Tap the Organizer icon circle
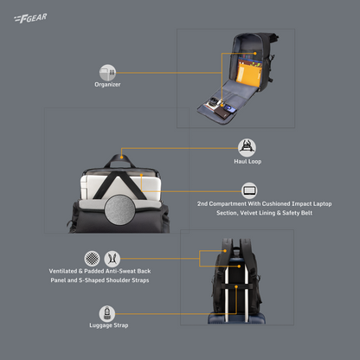[107, 72]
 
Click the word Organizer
[107, 85]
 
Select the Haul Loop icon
[248, 146]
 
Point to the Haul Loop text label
[248, 161]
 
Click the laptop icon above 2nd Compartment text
[249, 190]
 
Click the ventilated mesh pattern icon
[91, 258]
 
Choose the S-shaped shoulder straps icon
[112, 258]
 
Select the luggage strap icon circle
[106, 312]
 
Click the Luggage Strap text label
[106, 326]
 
